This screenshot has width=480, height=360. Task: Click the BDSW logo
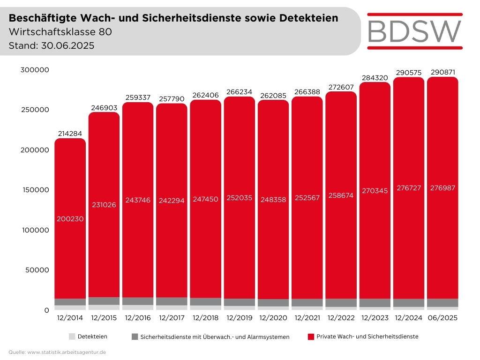414,31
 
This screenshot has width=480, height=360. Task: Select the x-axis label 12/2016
138,318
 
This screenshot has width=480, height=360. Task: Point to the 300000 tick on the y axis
35,70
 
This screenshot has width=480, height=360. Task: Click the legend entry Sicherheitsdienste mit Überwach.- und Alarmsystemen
210,337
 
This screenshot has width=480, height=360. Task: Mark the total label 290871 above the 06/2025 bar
442,72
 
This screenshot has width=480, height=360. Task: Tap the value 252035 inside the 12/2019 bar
239,198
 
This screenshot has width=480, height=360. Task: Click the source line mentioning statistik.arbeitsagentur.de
57,352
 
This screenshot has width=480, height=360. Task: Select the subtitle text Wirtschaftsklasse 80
60,32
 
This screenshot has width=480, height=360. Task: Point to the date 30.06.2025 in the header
68,46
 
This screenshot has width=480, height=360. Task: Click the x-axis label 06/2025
442,318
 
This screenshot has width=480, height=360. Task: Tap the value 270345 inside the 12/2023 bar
375,191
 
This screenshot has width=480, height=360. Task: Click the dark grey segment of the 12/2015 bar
104,301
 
